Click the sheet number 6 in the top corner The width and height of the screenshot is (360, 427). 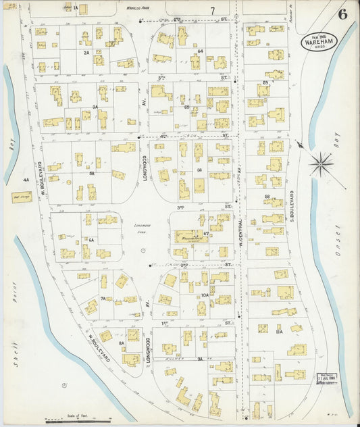pos(342,14)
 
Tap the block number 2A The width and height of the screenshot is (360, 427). pos(86,52)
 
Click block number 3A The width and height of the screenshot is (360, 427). pos(95,107)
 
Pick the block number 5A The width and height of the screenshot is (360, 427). pos(92,172)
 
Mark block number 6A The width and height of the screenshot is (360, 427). pos(91,239)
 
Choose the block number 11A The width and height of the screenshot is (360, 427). pos(279,332)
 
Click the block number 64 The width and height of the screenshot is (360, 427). pos(201,51)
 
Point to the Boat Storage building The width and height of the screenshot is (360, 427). pos(22,197)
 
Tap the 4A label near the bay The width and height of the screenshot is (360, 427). pos(26,180)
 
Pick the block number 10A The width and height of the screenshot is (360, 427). pos(205,295)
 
